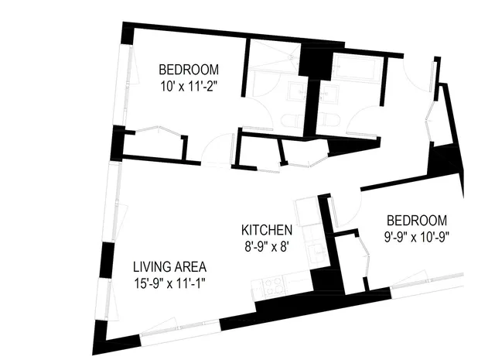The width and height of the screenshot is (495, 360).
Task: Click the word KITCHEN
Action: (x=266, y=230)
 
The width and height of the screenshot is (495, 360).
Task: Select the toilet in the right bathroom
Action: (x=326, y=120)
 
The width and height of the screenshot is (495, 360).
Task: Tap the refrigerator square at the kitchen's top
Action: (x=303, y=210)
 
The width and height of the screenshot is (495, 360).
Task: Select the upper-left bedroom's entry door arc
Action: (x=219, y=146)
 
